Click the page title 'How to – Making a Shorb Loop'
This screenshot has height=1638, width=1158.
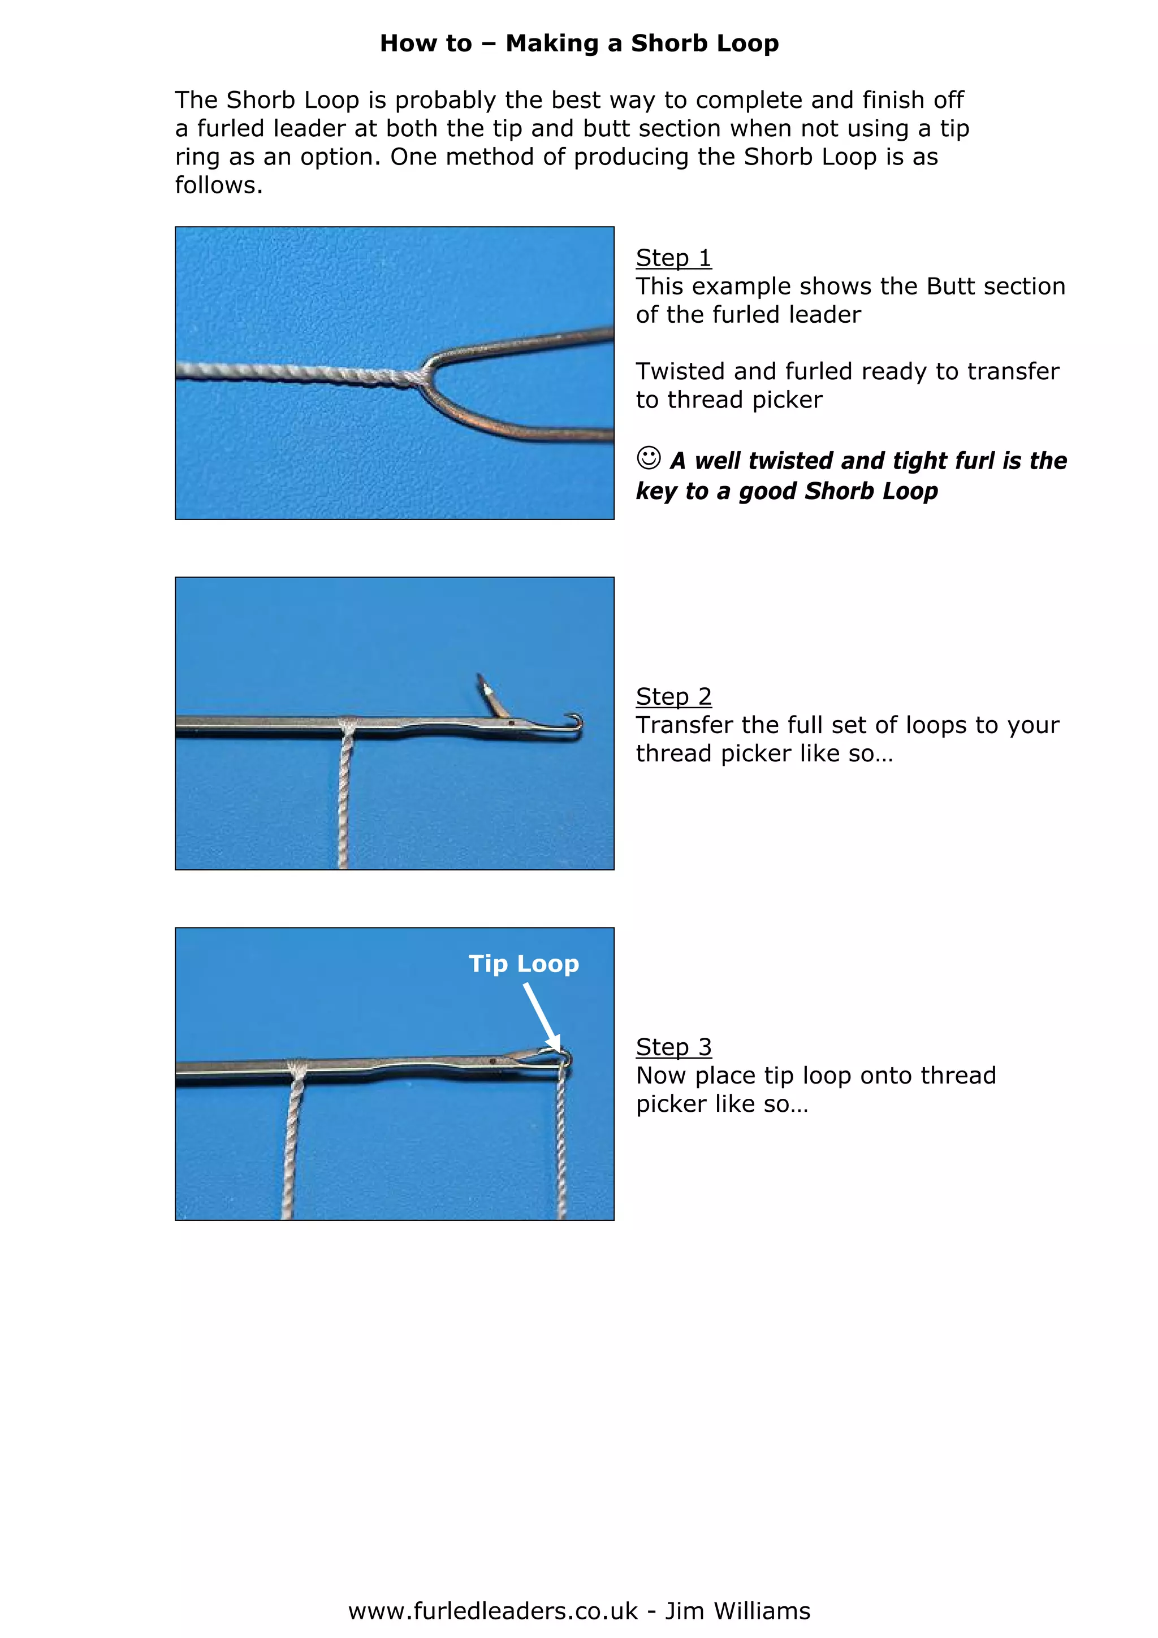(578, 44)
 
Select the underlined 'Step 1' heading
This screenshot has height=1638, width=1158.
(673, 258)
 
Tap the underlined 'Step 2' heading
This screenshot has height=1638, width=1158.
(673, 696)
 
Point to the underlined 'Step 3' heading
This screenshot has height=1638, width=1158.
(673, 1047)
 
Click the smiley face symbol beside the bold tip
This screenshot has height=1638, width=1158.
(648, 457)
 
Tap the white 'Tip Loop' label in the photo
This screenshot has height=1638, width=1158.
(523, 964)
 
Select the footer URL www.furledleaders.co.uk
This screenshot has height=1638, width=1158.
(492, 1611)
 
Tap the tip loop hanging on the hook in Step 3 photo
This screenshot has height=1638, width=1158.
(564, 1058)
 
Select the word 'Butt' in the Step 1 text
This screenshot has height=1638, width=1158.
(950, 286)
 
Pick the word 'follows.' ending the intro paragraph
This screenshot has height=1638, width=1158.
(218, 185)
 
